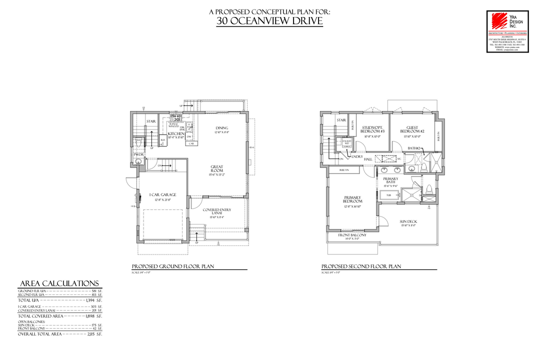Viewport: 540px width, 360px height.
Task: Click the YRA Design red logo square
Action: click(498, 20)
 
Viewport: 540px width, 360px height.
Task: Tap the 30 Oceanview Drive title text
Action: click(269, 21)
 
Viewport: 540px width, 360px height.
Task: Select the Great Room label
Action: click(216, 169)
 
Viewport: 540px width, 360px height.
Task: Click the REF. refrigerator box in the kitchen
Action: click(162, 141)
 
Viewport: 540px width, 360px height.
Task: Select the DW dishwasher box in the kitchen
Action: click(189, 136)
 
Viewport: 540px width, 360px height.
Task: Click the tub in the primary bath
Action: click(388, 195)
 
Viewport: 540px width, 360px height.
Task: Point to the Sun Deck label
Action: click(408, 222)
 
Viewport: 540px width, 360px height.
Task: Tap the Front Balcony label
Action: click(352, 235)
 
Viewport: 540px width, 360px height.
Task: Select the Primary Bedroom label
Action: click(352, 199)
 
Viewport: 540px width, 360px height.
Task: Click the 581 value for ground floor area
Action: click(94, 290)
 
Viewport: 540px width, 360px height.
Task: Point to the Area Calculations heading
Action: click(58, 283)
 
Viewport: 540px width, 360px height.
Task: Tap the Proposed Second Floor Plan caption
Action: click(361, 266)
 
